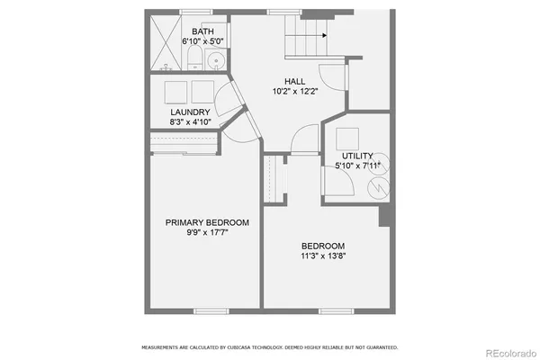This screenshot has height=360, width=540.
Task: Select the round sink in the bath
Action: point(215,61)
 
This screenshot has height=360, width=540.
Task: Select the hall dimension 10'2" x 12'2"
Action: point(293,91)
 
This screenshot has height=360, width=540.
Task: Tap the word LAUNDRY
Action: point(190,112)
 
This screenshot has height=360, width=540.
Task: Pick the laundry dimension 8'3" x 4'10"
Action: point(190,122)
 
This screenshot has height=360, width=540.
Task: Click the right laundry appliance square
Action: point(202,91)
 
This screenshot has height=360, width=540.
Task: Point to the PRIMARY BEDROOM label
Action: point(207,222)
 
